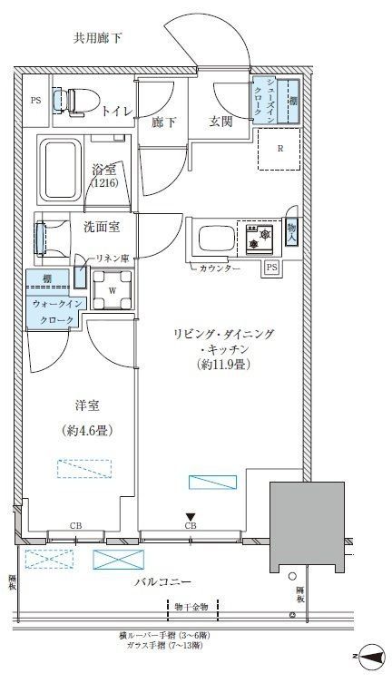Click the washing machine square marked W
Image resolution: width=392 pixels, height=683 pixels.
[112, 289]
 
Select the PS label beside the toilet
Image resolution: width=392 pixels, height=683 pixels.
[36, 101]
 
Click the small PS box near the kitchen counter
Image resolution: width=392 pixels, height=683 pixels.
[271, 268]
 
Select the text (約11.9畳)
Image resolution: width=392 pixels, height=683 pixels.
[223, 366]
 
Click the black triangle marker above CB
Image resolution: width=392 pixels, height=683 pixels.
[191, 516]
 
